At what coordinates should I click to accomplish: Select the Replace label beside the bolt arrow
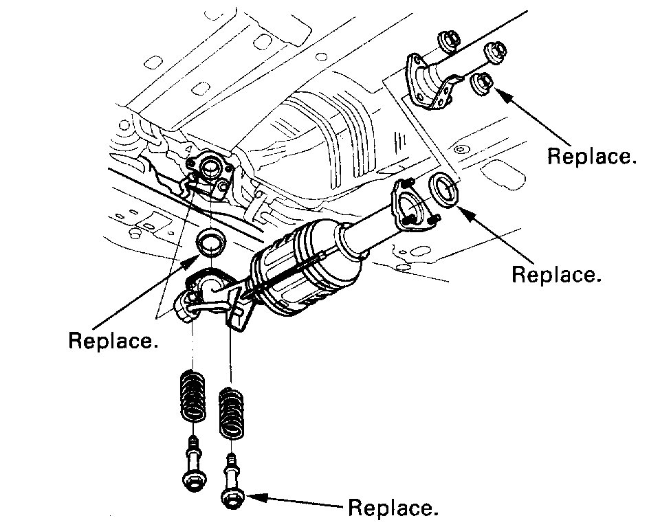point(393,508)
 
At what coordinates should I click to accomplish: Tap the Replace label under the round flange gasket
point(557,274)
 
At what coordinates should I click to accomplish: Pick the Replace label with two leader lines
point(113,340)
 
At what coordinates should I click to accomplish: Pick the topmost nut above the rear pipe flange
point(448,43)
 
